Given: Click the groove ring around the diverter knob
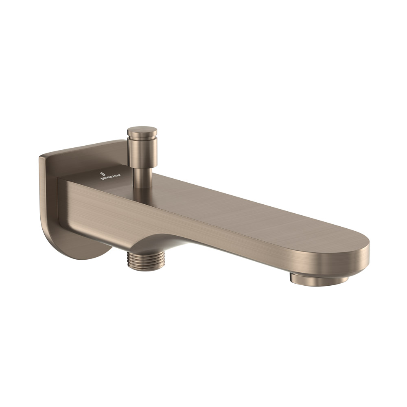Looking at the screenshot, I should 142,137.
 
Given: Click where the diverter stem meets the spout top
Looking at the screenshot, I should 143,187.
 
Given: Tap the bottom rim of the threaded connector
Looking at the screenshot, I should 146,267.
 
